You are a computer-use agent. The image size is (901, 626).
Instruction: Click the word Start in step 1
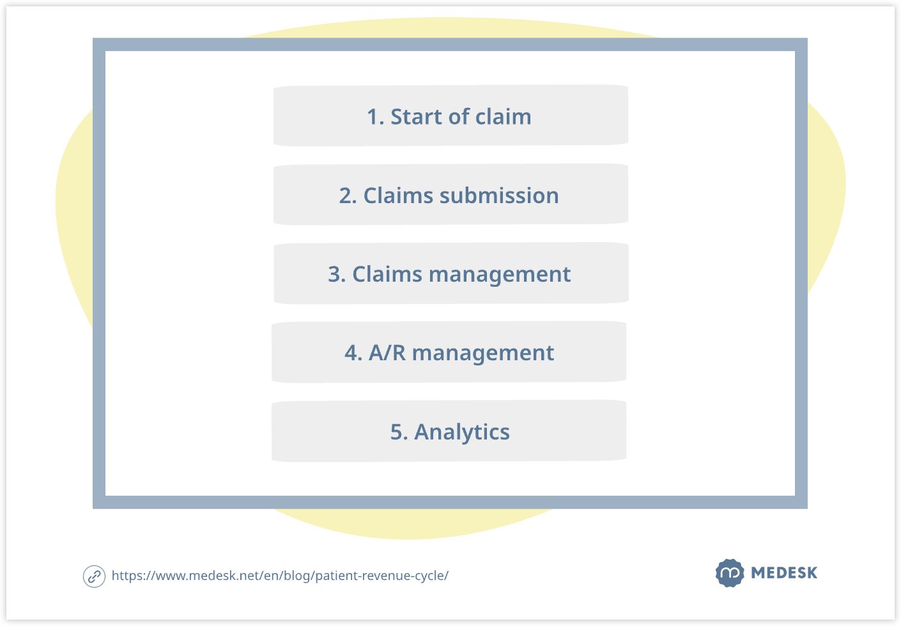(x=416, y=117)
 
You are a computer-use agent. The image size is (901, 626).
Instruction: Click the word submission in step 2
(x=499, y=196)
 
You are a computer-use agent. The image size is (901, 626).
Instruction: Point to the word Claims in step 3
(x=387, y=274)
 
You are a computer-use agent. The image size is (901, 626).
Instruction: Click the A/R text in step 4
(x=387, y=353)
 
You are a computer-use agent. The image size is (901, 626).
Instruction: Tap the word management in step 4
(x=483, y=354)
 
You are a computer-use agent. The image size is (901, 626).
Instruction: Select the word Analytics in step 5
(x=462, y=432)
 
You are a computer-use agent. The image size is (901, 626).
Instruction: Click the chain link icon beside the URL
(x=94, y=576)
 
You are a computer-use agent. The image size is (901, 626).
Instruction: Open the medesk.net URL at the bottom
(x=280, y=576)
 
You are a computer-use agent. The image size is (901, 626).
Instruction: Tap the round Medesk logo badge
(x=730, y=573)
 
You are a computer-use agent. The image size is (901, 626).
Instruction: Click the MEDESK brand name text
(x=784, y=573)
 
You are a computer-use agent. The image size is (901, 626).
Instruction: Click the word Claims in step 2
(x=398, y=196)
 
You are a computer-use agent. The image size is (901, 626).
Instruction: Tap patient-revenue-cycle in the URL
(x=380, y=576)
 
